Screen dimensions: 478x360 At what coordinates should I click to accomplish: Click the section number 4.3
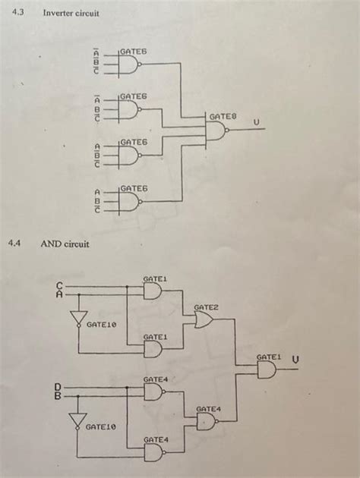click(14, 14)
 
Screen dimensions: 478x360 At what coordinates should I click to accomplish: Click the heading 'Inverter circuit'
click(71, 14)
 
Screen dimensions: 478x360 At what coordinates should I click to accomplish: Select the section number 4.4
click(14, 244)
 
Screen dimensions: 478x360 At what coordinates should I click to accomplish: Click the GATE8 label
click(223, 116)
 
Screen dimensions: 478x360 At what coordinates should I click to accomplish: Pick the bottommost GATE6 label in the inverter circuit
click(134, 187)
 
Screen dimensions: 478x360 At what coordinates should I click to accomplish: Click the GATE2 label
click(206, 307)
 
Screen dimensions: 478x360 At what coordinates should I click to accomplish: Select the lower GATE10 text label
click(100, 427)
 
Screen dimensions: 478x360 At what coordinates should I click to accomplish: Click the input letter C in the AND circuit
click(57, 285)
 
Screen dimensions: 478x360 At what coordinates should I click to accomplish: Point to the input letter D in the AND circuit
click(57, 387)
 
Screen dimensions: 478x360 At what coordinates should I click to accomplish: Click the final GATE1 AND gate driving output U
click(267, 370)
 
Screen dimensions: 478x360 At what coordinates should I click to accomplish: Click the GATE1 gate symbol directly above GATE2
click(153, 291)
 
